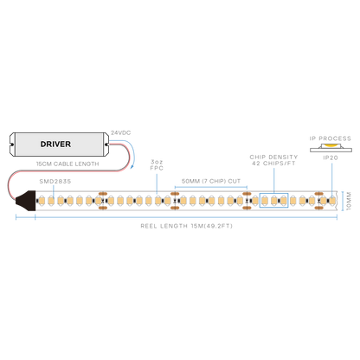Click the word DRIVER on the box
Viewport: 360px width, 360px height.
[x=55, y=144]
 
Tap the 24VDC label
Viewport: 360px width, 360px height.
[x=121, y=133]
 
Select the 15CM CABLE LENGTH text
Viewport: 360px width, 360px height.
[x=67, y=164]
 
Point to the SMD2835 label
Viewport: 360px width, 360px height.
[x=55, y=182]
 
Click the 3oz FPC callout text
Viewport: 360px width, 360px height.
[x=157, y=165]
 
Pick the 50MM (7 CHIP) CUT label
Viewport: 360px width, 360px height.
[x=211, y=181]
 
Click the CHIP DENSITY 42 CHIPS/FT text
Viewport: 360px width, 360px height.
[x=273, y=160]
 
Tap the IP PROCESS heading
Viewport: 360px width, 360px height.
[x=331, y=138]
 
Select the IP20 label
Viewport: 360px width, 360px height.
[x=331, y=157]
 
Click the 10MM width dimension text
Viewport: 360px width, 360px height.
[x=349, y=201]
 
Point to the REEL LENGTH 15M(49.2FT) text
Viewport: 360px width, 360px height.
[x=186, y=226]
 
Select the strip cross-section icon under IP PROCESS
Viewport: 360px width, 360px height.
[x=331, y=147]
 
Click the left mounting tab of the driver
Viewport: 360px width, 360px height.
[x=12, y=145]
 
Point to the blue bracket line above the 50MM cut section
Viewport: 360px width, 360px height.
[x=211, y=187]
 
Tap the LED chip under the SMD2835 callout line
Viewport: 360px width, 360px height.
[x=51, y=201]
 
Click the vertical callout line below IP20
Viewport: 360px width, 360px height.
[x=332, y=180]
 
